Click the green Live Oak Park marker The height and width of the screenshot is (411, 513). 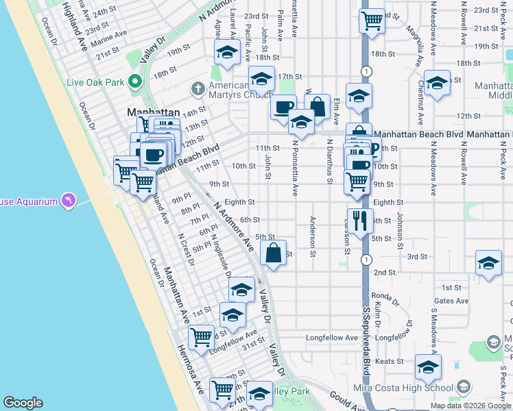(x=135, y=83)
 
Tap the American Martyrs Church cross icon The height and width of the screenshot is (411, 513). (x=198, y=88)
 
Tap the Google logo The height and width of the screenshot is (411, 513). (x=23, y=403)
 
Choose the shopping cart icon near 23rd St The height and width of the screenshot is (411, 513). (x=372, y=20)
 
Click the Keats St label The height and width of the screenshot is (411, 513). (x=388, y=360)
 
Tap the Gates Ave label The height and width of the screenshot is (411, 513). (x=451, y=301)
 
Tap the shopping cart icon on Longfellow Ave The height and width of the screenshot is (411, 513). (x=201, y=336)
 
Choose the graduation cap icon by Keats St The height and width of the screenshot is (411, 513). (x=428, y=367)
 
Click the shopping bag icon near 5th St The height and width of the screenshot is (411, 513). (x=273, y=252)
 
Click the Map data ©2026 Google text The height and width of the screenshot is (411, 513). (x=470, y=406)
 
